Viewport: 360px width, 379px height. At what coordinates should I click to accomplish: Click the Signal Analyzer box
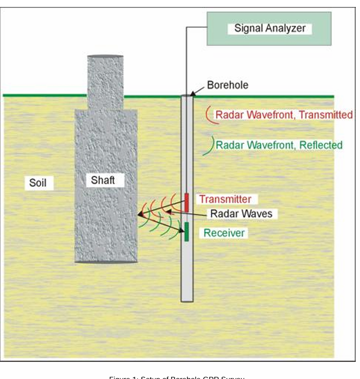click(269, 28)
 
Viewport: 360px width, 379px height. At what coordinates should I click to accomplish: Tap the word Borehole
click(228, 85)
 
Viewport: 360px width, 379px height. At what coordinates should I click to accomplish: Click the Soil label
click(37, 183)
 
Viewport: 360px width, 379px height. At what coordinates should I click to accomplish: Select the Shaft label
click(103, 180)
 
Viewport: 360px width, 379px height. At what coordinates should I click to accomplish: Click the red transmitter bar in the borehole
click(186, 202)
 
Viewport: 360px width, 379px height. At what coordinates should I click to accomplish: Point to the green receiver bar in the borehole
click(186, 231)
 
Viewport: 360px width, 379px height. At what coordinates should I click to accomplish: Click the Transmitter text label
click(225, 199)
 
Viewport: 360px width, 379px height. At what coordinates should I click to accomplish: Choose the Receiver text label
click(224, 233)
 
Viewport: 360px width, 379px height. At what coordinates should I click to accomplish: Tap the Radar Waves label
click(241, 214)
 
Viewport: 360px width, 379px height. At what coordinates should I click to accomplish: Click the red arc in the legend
click(208, 115)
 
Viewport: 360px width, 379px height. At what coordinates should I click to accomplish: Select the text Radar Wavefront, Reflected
click(279, 145)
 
